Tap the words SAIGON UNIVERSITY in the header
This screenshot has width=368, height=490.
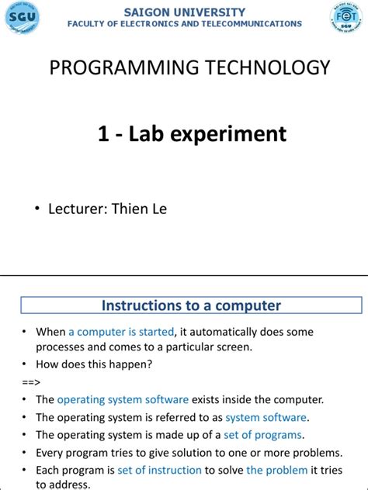(184, 12)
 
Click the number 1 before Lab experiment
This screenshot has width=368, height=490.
(102, 134)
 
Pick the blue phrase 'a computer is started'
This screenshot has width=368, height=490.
(121, 332)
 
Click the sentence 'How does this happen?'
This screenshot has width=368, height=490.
(94, 364)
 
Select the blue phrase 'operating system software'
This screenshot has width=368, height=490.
(123, 400)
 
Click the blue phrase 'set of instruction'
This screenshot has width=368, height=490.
(159, 470)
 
